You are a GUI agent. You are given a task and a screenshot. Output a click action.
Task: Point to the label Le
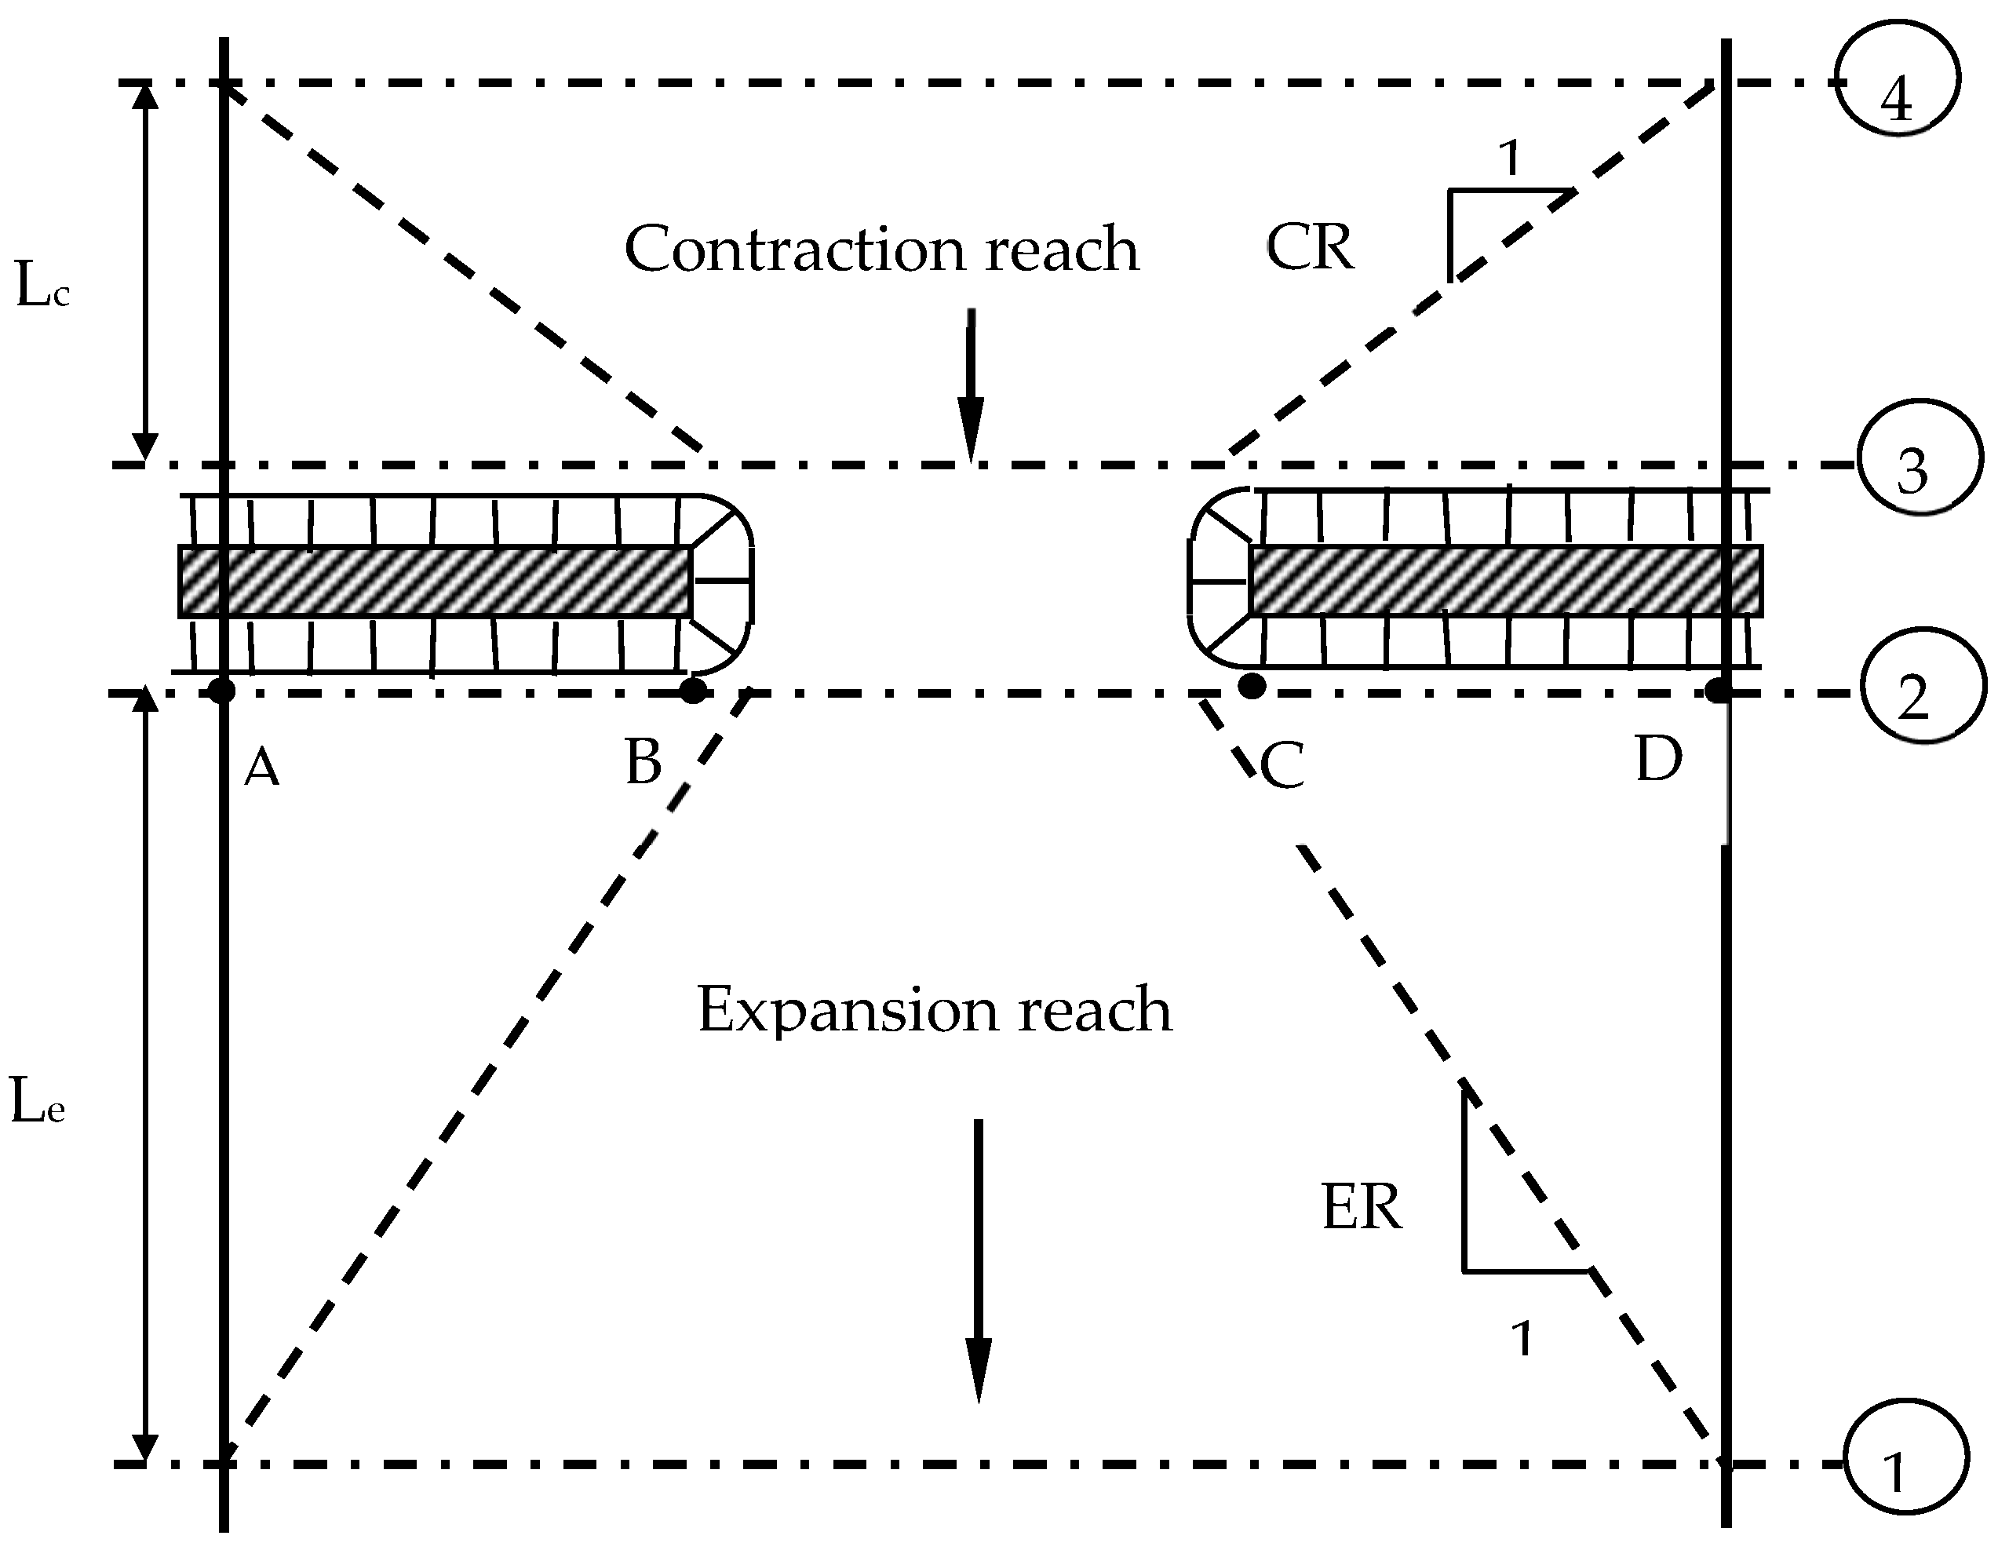coord(38,1102)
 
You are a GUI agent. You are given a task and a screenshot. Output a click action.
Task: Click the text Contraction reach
coord(881,249)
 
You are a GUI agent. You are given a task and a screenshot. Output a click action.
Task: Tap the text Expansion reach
coord(934,1010)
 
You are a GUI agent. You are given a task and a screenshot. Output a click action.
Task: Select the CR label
coord(1309,247)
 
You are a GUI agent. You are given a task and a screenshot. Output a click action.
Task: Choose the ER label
coord(1362,1208)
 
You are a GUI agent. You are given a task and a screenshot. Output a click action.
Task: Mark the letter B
coord(644,762)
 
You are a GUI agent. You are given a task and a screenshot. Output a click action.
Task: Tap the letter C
coord(1282,767)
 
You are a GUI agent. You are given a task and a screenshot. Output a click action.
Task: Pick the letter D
coord(1657,760)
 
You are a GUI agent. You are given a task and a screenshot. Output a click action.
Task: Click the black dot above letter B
coord(694,690)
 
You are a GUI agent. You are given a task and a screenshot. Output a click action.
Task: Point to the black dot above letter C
coord(1252,685)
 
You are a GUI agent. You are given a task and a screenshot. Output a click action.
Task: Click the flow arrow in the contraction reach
coord(971,385)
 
